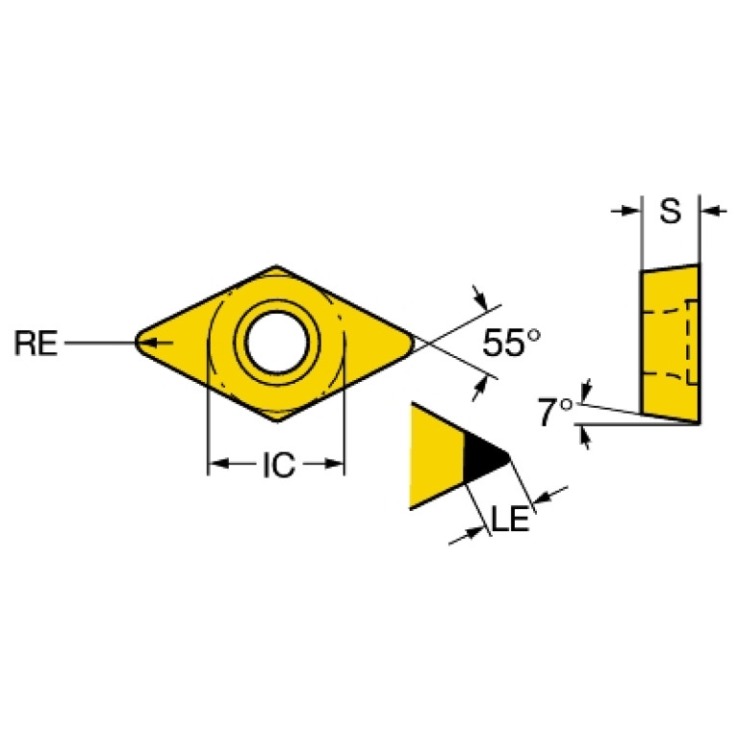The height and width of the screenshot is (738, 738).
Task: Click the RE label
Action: click(x=36, y=343)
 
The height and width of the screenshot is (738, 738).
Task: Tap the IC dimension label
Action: click(x=277, y=466)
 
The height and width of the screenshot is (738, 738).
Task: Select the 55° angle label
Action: click(x=511, y=344)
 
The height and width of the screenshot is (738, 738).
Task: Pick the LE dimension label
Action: click(x=510, y=520)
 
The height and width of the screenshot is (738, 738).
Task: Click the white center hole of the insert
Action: click(x=277, y=343)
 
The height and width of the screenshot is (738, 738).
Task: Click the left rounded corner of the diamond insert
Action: click(x=140, y=342)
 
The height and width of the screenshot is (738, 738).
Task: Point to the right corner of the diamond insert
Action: click(x=413, y=342)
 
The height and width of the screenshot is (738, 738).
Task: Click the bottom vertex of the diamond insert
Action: click(x=277, y=419)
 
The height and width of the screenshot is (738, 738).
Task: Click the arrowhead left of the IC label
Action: click(x=217, y=466)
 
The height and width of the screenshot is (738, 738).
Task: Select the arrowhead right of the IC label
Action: click(x=336, y=466)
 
